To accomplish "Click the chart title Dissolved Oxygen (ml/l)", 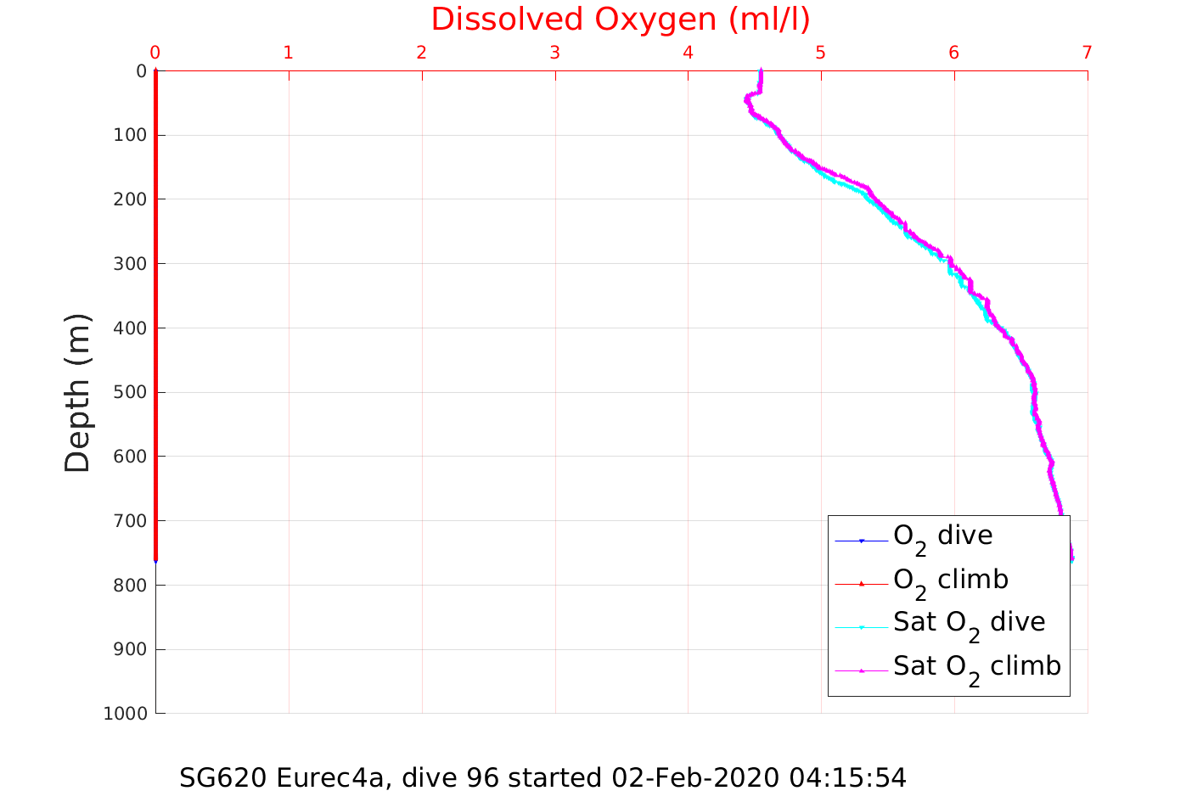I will point(620,19).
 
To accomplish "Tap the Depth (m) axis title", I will point(77,393).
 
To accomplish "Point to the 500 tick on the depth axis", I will point(130,392).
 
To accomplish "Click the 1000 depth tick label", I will point(125,714).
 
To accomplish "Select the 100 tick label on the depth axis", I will point(130,135).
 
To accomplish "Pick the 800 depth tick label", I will point(130,586).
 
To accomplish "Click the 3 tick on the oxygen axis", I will point(554,53).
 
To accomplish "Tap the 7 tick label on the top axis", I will point(1087,53).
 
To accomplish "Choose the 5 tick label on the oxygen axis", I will point(821,53).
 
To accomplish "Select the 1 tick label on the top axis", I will point(289,53).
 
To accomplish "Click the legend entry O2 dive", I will point(942,537).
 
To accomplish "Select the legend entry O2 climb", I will point(951,581).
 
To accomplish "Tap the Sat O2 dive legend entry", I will point(969,624).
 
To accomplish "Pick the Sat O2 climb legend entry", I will point(976,668).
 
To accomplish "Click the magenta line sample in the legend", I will point(862,670).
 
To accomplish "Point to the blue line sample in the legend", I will point(862,541).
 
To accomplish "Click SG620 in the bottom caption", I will point(223,777).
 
